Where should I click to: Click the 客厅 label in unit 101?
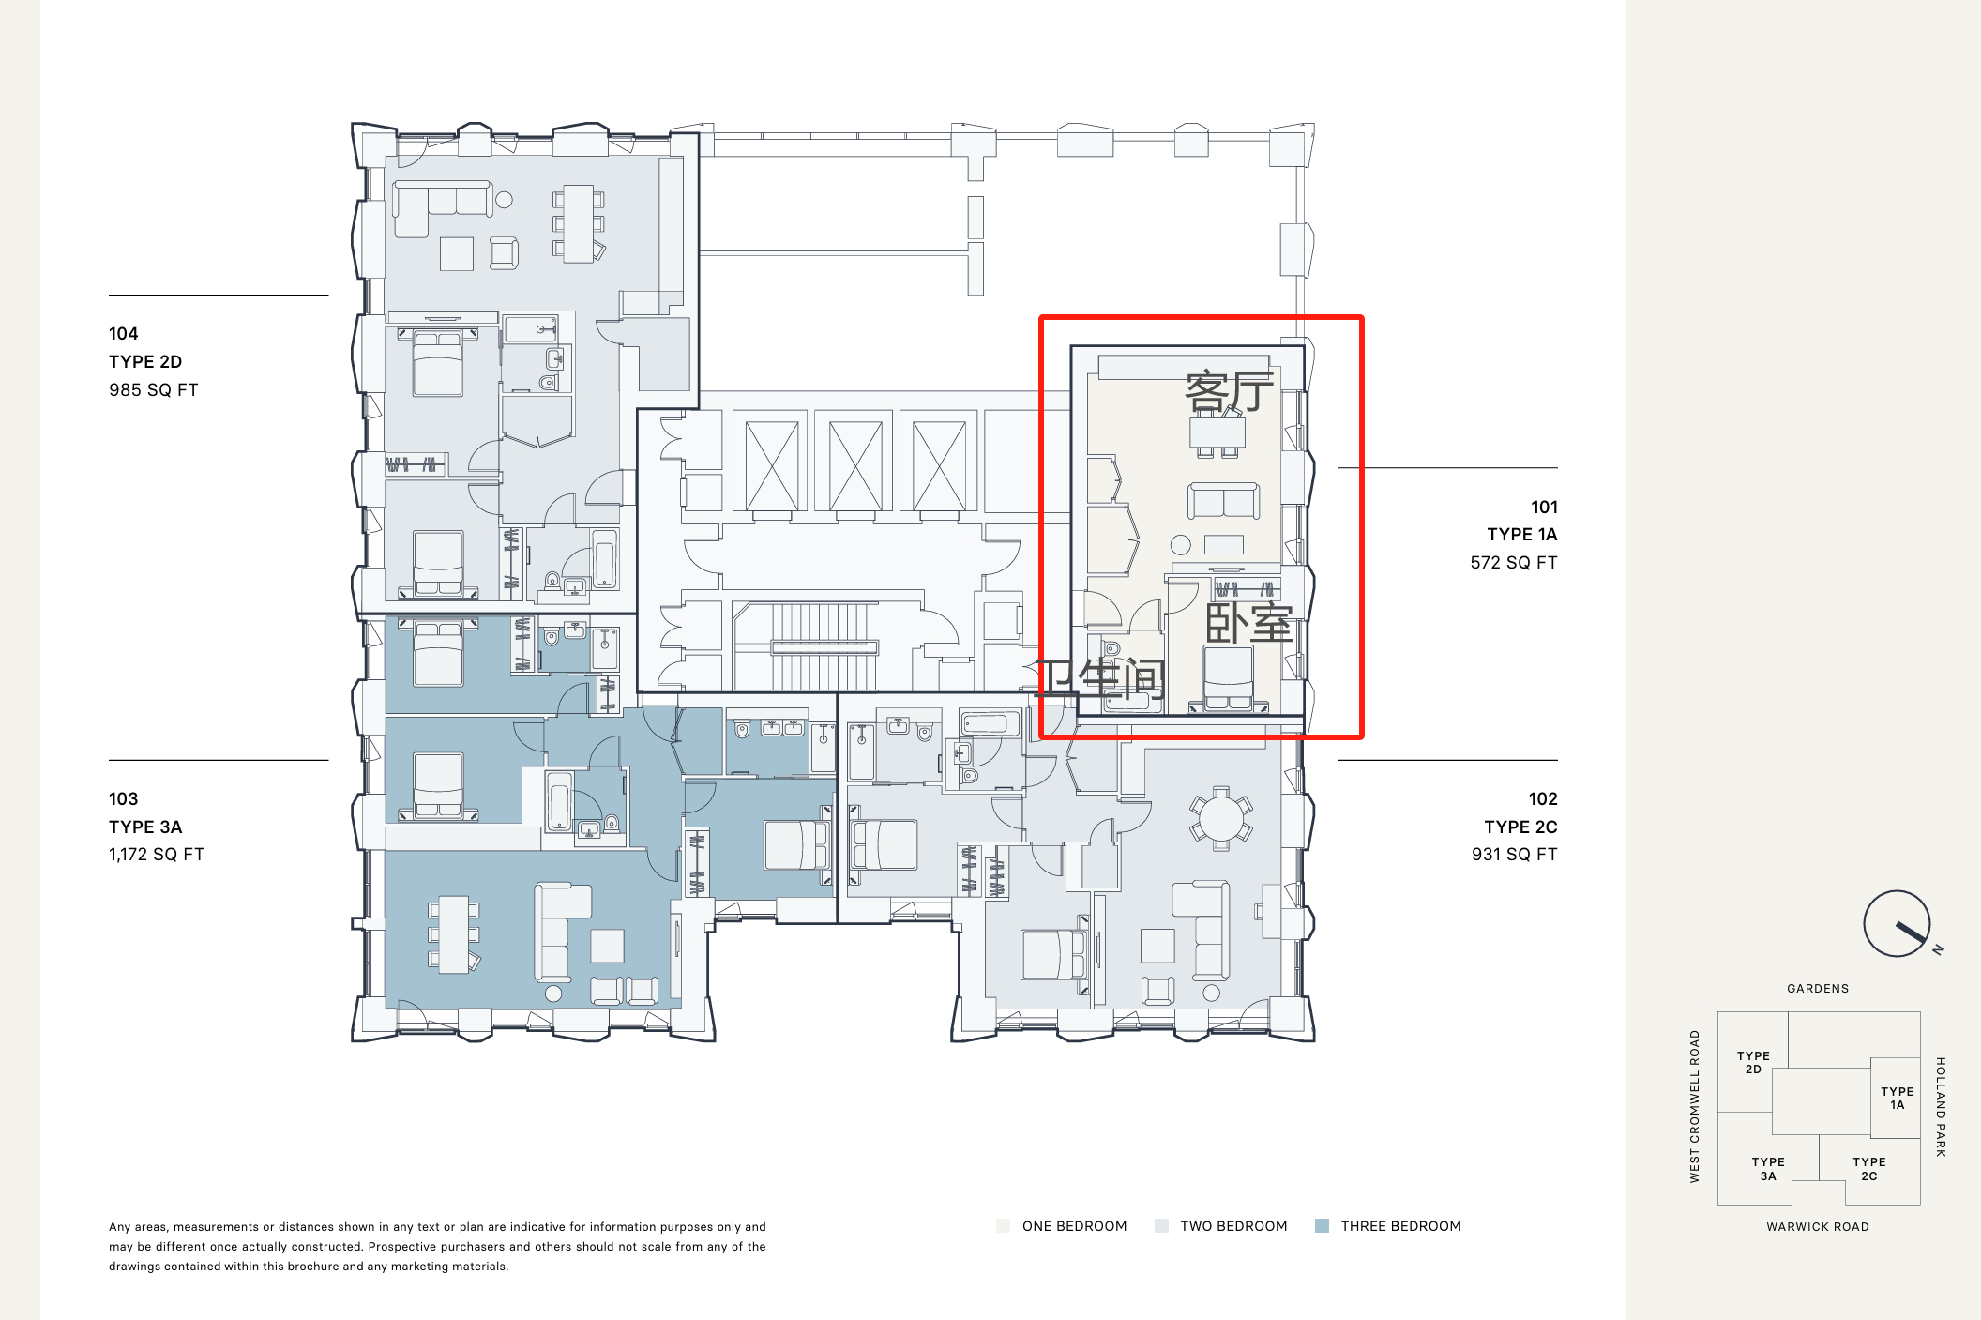pos(1230,391)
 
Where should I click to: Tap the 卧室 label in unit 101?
pos(1249,622)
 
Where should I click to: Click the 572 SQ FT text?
pos(1514,562)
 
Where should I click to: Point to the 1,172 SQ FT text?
pos(157,855)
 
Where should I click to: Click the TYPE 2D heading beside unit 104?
pos(145,361)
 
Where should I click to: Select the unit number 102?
pos(1543,798)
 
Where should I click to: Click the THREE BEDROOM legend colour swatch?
pos(1323,1225)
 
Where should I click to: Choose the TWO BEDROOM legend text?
pos(1233,1226)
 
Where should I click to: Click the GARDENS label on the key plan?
pos(1818,988)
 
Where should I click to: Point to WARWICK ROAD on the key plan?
pos(1818,1226)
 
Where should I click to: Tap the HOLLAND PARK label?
pos(1941,1107)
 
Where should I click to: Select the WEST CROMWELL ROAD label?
pos(1695,1106)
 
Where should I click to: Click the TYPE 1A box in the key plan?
pos(1896,1097)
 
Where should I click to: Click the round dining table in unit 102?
pos(1220,818)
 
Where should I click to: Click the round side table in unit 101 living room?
pos(1181,544)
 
